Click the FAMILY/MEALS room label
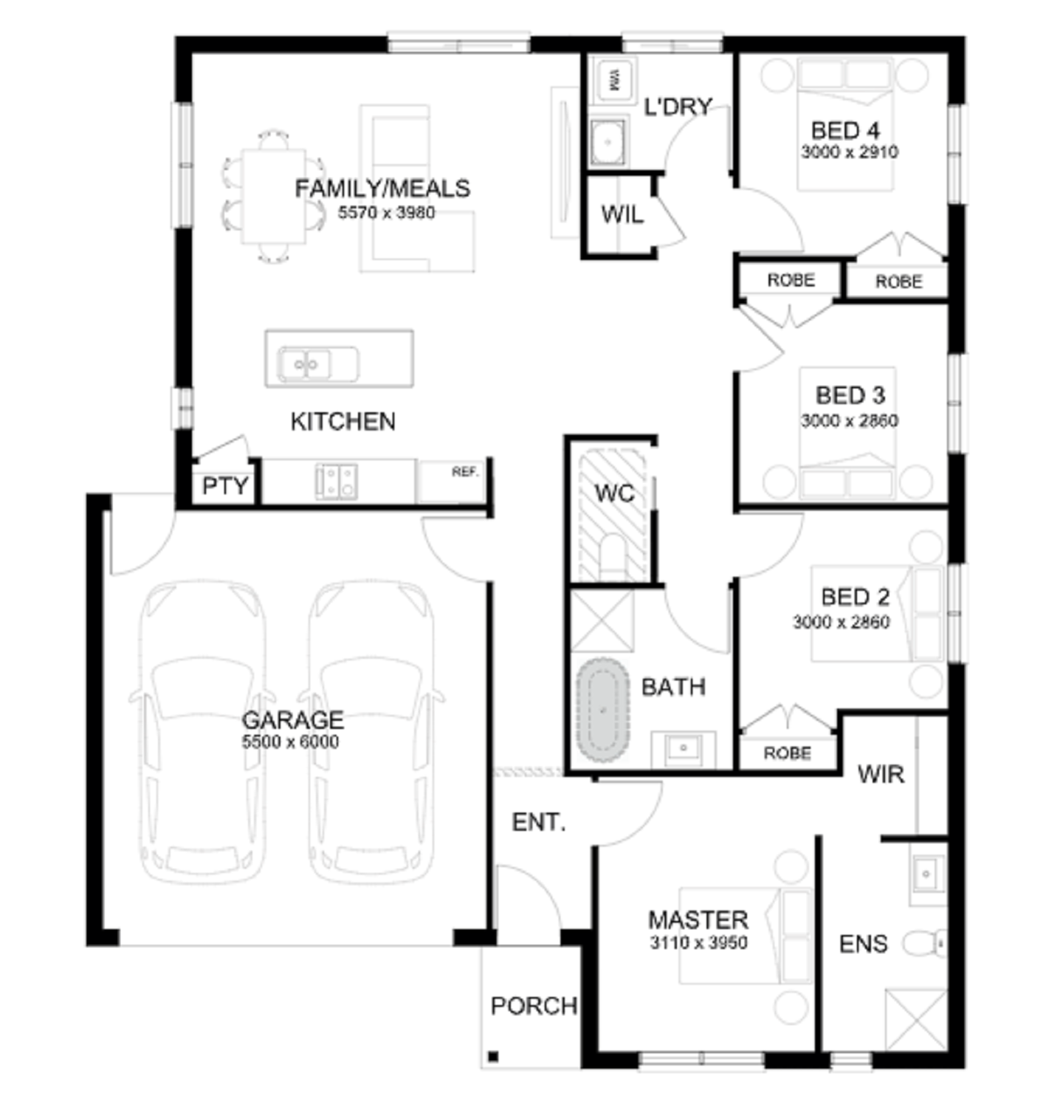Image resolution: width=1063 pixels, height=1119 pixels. pos(382,188)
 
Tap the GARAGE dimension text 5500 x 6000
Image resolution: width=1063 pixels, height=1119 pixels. pos(291,742)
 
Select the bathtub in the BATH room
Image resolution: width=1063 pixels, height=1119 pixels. pos(602,711)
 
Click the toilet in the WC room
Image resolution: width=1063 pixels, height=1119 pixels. pos(612,555)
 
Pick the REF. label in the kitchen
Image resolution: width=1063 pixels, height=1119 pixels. pos(465,471)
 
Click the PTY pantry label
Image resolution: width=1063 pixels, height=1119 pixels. pos(225,486)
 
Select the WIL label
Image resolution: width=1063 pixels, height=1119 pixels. pos(622,215)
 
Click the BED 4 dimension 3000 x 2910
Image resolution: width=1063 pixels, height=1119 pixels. pos(850,152)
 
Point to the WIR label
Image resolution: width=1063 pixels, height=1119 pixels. pos(881,774)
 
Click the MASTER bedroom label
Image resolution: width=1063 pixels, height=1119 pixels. pos(698,920)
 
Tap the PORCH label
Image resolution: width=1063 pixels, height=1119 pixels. pos(534,1006)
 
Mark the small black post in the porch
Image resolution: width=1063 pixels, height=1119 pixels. pos(493,1056)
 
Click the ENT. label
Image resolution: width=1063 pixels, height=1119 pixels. pos(539,822)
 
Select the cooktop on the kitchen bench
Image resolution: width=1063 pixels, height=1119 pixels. pos(337,481)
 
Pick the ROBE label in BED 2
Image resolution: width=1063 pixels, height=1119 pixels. pos(787,753)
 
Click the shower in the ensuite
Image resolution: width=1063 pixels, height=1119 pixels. pos(916,1020)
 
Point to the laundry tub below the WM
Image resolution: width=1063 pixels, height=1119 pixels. pos(608,142)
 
